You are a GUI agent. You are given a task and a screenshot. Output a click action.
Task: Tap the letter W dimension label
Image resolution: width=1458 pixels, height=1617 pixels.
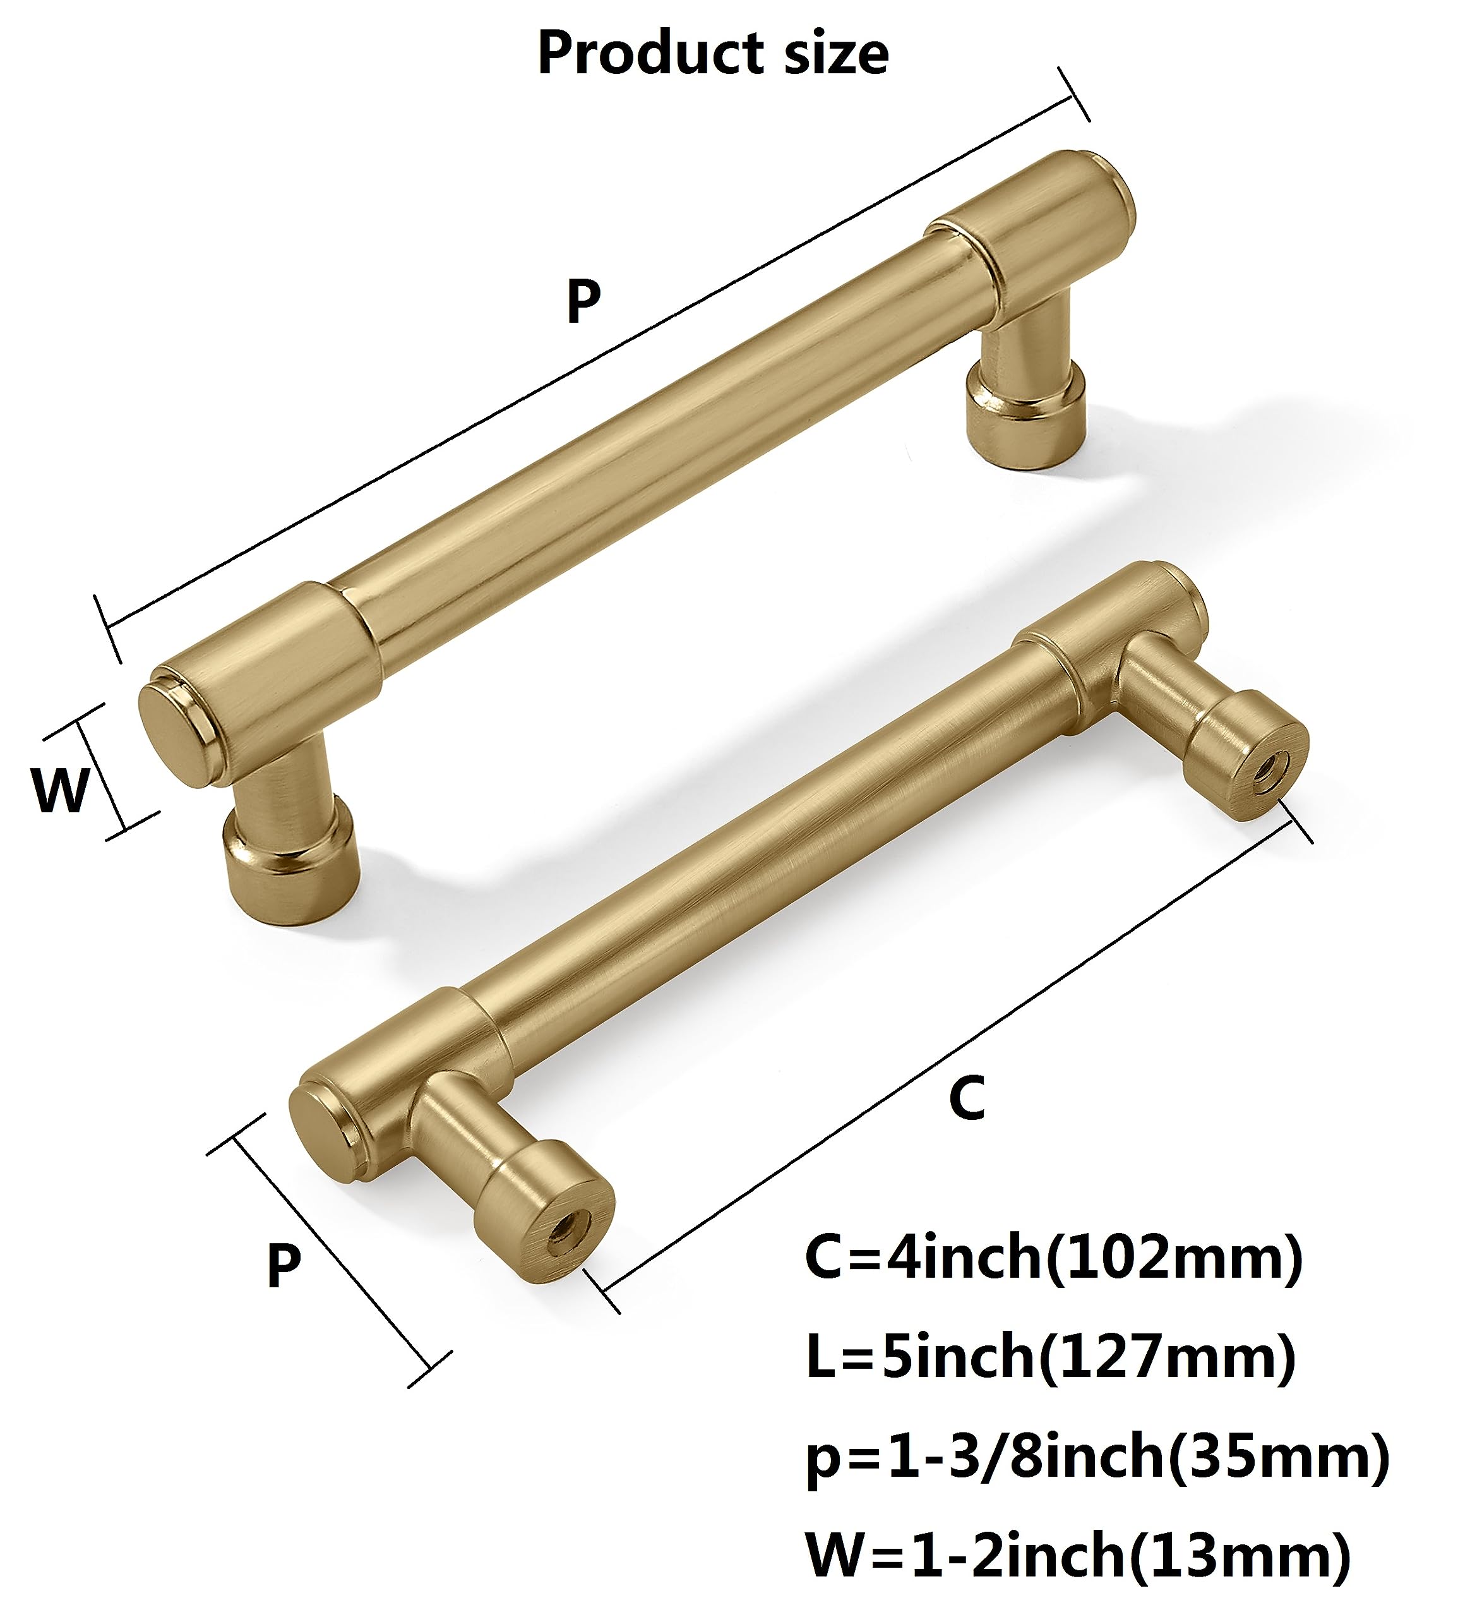[x=59, y=790]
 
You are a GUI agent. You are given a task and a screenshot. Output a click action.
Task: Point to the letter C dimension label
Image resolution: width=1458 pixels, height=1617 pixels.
[x=966, y=1098]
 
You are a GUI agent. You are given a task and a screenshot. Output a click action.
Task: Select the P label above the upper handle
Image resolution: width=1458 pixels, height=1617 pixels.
[x=583, y=301]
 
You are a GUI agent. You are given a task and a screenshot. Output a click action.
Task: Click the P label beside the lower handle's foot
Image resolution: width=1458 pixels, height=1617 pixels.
[x=284, y=1265]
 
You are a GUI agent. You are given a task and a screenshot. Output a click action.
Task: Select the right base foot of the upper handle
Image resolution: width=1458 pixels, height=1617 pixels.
[x=1025, y=418]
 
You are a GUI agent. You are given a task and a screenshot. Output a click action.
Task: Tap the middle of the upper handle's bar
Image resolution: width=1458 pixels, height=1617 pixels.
[x=657, y=448]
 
